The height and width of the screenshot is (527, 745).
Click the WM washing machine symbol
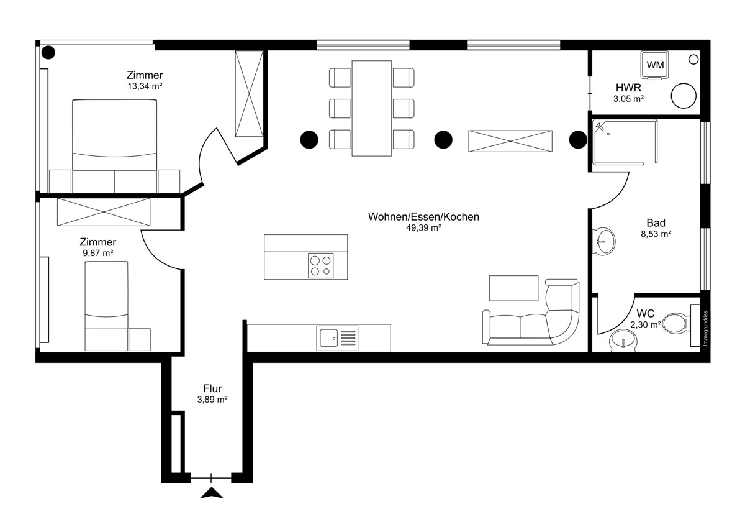tap(654, 65)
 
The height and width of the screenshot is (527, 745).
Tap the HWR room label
tap(628, 88)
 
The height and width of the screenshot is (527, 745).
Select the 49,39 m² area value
tap(423, 227)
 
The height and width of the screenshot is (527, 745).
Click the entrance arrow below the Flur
tap(212, 493)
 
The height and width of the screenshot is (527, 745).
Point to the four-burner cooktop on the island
tap(320, 265)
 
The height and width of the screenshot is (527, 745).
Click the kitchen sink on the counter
tap(337, 338)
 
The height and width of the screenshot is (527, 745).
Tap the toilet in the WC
tap(675, 323)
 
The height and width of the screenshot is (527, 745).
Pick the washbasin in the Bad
tap(604, 241)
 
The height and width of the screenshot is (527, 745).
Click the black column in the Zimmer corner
tap(48, 53)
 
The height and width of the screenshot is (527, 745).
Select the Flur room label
tap(212, 388)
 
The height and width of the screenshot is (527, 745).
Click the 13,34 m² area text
tap(145, 86)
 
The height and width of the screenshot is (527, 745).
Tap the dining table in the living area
tap(371, 108)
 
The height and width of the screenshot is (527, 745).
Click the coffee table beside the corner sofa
tap(513, 288)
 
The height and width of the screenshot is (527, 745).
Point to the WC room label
tap(645, 314)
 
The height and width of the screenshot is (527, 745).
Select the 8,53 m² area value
tap(656, 234)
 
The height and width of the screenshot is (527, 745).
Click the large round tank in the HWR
tap(684, 96)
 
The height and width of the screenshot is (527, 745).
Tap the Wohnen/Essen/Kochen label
tap(423, 217)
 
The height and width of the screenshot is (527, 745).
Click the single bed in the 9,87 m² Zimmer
tap(106, 306)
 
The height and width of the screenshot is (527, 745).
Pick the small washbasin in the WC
tap(623, 341)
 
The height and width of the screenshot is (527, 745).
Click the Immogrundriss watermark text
tap(705, 328)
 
